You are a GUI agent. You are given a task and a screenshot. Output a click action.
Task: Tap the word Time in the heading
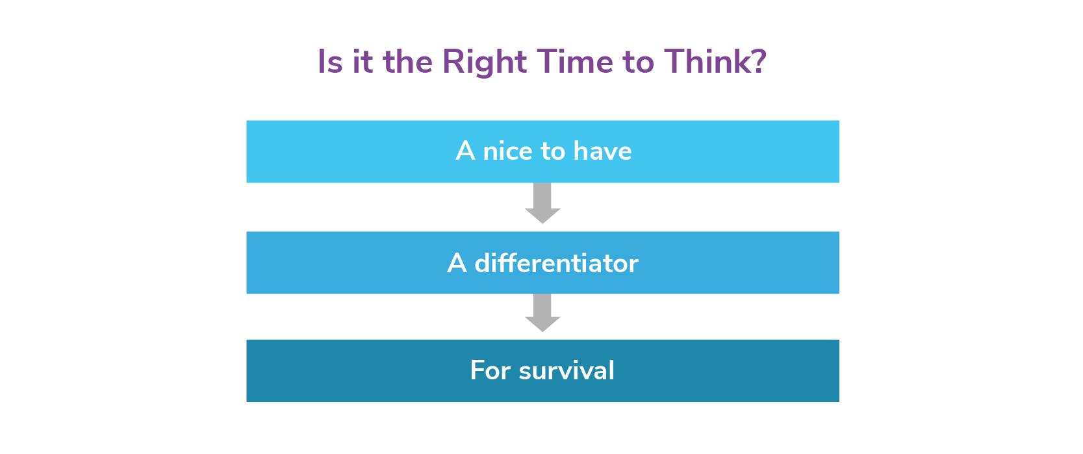point(575,62)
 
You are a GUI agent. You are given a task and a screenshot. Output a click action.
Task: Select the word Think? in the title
point(715,62)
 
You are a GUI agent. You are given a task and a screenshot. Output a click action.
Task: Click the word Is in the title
point(330,62)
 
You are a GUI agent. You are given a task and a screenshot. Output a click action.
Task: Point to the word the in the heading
point(407,62)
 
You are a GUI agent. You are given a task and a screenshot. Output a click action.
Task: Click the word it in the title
point(363,62)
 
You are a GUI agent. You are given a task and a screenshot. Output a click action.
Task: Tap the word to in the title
point(638,64)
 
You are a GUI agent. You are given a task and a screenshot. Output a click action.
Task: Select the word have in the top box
point(602,151)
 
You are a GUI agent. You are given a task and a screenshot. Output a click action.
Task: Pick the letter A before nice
point(465,151)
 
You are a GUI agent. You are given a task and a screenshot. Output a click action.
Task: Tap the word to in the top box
point(553,152)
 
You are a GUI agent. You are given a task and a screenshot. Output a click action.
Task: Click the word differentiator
point(556,263)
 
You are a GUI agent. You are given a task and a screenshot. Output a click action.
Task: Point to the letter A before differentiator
point(457,264)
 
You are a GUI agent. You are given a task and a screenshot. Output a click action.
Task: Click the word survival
point(566,370)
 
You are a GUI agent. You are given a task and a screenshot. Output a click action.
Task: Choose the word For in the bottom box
point(490,370)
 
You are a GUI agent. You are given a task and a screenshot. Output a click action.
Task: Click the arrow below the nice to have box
point(542,203)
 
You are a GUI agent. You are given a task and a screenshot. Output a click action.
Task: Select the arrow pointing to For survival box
point(542,312)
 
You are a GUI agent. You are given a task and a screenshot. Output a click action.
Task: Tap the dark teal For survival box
point(542,371)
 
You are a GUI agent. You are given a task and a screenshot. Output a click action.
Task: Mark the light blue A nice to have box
point(542,151)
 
